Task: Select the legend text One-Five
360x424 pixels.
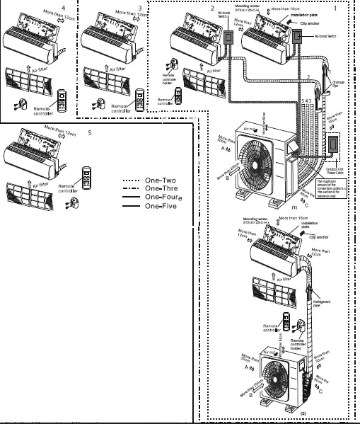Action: (x=162, y=206)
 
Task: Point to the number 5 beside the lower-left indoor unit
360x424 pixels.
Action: (x=89, y=132)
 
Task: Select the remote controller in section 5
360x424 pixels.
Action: (x=88, y=174)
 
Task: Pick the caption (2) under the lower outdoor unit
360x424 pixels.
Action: (x=283, y=411)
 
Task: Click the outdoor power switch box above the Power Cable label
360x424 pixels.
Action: (x=333, y=145)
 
